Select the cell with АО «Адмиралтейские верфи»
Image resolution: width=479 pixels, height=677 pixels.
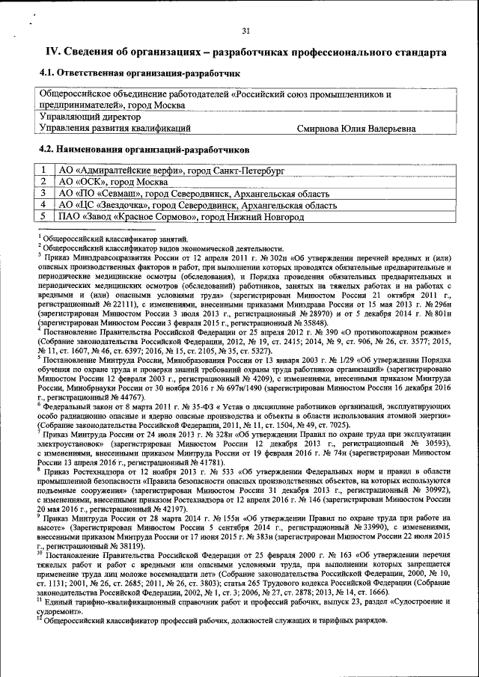pos(171,171)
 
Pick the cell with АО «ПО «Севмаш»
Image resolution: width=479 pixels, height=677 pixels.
pos(194,193)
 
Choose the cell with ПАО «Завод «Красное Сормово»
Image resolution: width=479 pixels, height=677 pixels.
pos(180,216)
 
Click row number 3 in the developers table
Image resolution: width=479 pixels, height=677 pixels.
pos(45,193)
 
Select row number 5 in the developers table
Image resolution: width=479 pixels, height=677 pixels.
pos(45,216)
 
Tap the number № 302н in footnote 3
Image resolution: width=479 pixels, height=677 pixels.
pos(260,257)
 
